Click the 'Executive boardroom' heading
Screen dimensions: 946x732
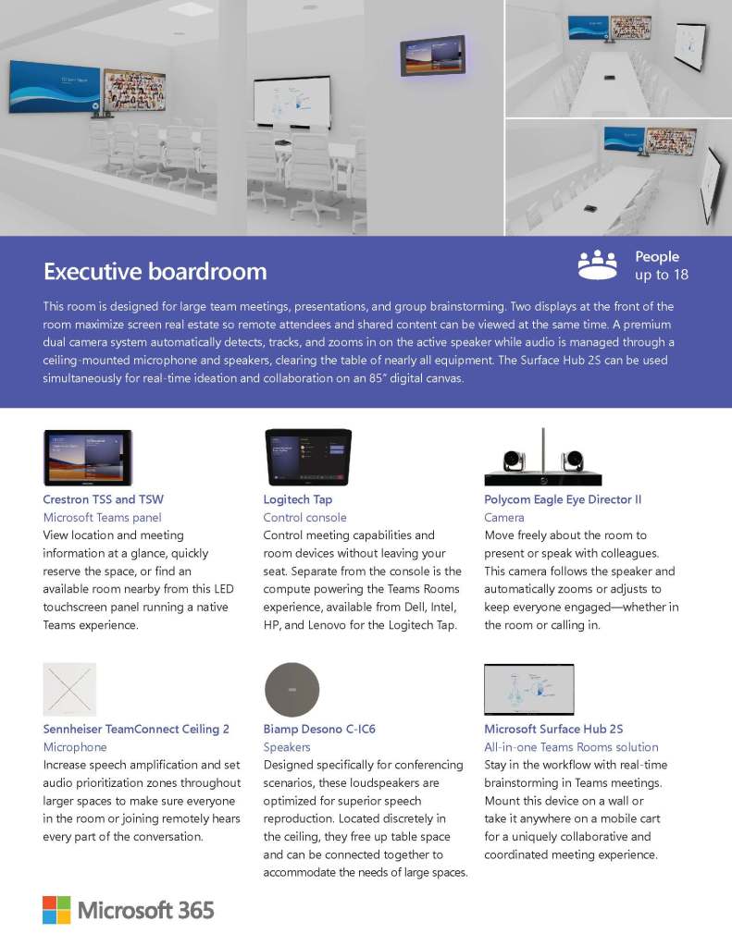pyautogui.click(x=155, y=271)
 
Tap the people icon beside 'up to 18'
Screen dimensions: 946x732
pyautogui.click(x=597, y=264)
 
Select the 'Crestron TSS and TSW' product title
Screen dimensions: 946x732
pyautogui.click(x=103, y=499)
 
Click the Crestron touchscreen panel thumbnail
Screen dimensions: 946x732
pyautogui.click(x=88, y=458)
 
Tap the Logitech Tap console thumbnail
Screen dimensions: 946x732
pyautogui.click(x=308, y=457)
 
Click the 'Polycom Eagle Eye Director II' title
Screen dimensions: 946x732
pyautogui.click(x=563, y=499)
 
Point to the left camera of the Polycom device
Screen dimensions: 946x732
pyautogui.click(x=513, y=460)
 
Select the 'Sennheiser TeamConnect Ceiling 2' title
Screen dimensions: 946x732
pyautogui.click(x=136, y=729)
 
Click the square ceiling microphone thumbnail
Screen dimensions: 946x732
pyautogui.click(x=69, y=690)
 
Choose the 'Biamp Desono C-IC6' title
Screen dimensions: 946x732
pyautogui.click(x=319, y=729)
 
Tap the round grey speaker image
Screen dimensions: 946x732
pyautogui.click(x=292, y=690)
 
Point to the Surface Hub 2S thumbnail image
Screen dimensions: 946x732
pyautogui.click(x=528, y=690)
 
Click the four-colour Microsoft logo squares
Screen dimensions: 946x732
pyautogui.click(x=56, y=909)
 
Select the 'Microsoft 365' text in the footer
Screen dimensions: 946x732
pyautogui.click(x=145, y=910)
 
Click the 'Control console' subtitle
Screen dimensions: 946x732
pyautogui.click(x=304, y=518)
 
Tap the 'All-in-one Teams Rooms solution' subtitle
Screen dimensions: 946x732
pyautogui.click(x=571, y=747)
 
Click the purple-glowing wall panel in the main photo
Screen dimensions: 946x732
pyautogui.click(x=432, y=56)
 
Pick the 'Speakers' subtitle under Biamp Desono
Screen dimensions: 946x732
pyautogui.click(x=287, y=747)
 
